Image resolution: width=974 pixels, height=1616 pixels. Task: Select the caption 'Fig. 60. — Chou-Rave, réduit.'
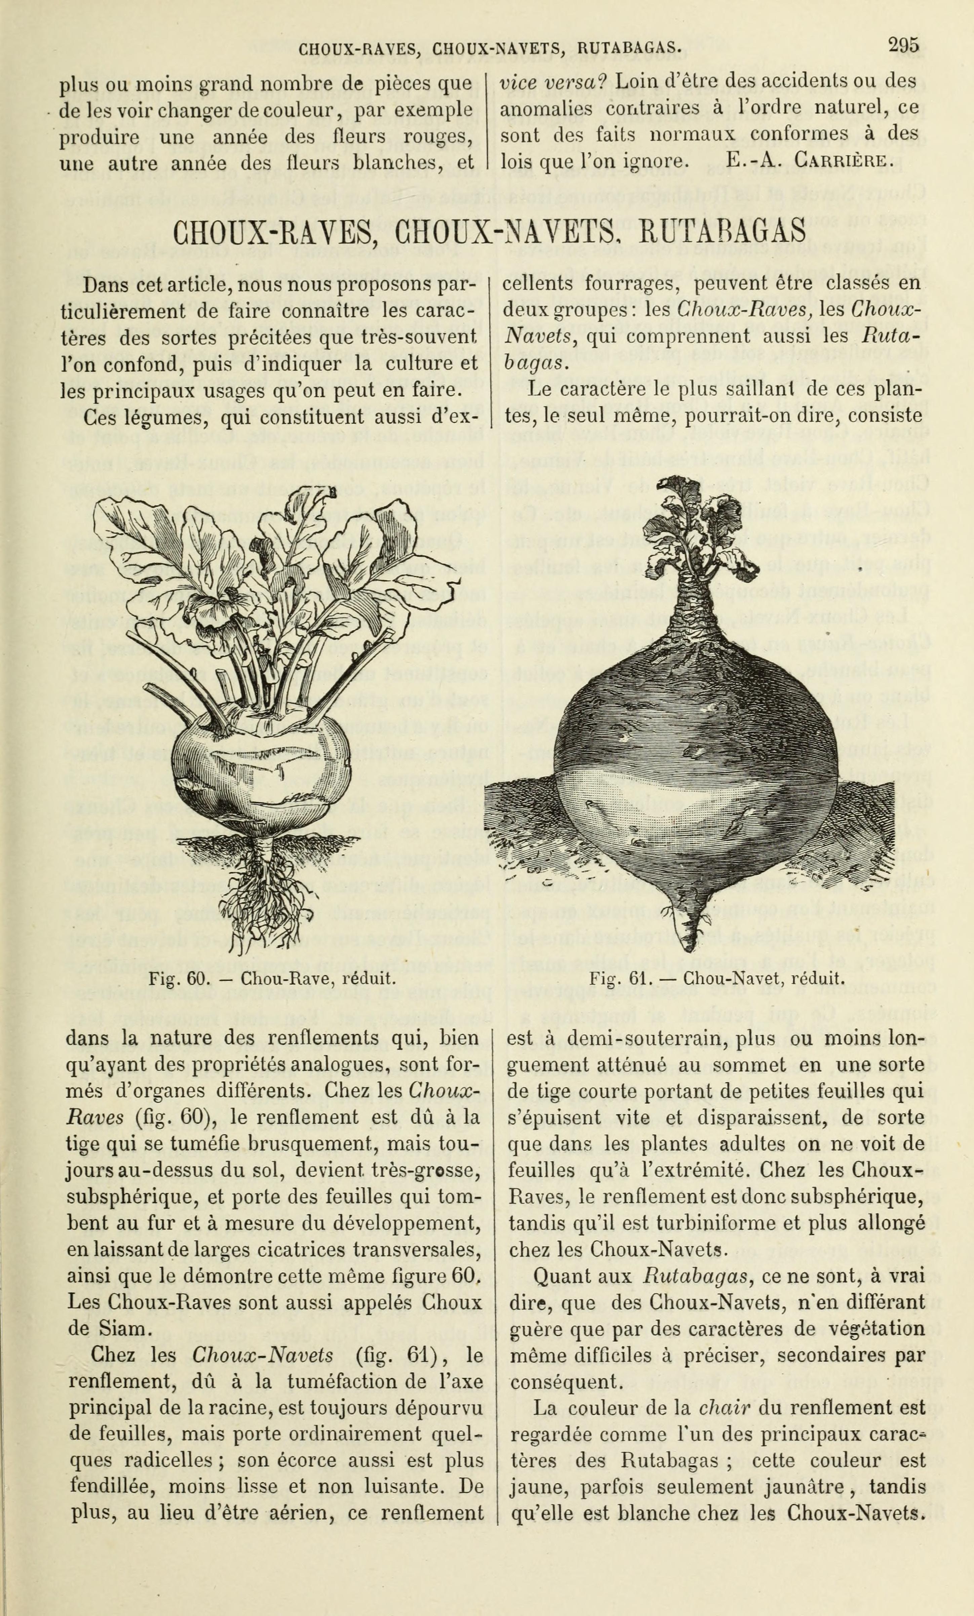tap(272, 979)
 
